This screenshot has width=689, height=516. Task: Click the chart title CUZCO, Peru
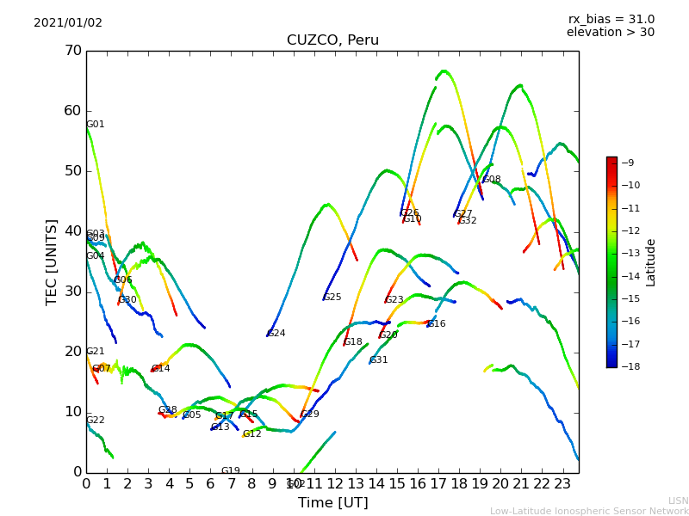click(332, 40)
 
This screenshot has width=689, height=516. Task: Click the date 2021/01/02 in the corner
click(68, 23)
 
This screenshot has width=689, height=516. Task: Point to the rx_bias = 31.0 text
click(611, 20)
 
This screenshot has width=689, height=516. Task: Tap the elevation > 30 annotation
click(610, 33)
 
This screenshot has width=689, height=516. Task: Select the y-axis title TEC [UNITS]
click(52, 261)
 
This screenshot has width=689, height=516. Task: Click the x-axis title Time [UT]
click(332, 502)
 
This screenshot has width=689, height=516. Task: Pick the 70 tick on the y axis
click(72, 51)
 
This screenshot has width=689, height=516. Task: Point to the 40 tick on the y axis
click(72, 231)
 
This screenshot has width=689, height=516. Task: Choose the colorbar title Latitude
click(651, 262)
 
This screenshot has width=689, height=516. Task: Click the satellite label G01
click(95, 125)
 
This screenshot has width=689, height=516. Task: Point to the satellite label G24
click(276, 334)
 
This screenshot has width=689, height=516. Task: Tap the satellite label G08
click(492, 180)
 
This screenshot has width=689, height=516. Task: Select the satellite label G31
click(379, 360)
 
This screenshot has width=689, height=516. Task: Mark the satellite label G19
click(231, 471)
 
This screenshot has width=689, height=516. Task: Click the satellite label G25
click(332, 298)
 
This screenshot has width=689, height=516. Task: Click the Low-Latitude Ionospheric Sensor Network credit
click(589, 511)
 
